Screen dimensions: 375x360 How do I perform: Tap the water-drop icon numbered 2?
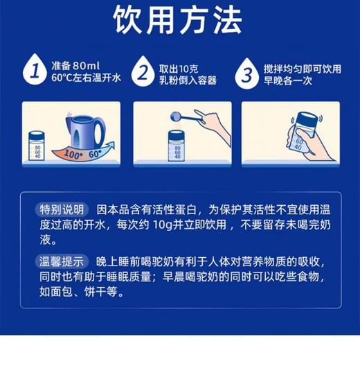point(143,71)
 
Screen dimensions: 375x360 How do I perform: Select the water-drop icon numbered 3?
point(249,71)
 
